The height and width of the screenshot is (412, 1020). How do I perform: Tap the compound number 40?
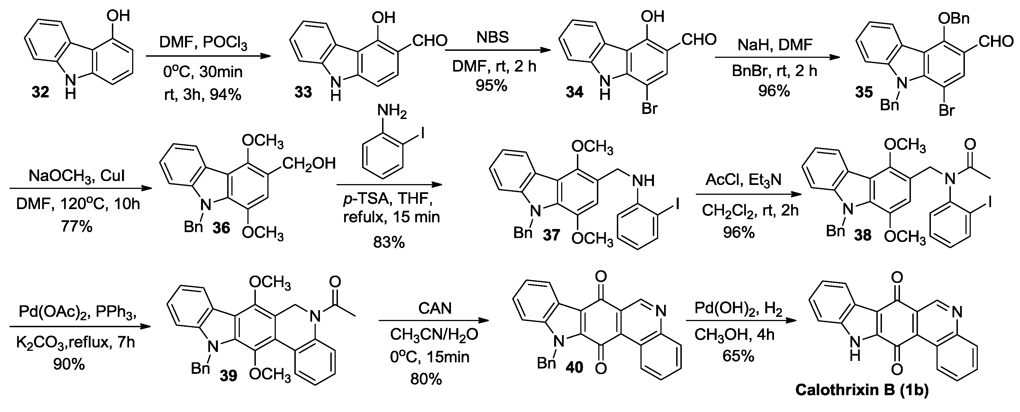click(574, 367)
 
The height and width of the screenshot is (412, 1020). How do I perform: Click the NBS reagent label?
click(493, 38)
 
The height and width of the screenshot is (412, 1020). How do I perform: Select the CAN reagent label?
click(435, 308)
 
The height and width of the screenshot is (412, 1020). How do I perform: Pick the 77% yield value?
click(76, 226)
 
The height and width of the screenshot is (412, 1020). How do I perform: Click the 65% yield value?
click(738, 356)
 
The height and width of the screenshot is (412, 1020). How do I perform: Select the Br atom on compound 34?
click(649, 108)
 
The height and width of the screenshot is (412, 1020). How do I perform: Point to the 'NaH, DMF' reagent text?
click(775, 45)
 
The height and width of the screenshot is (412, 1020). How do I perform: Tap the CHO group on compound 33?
click(430, 40)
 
